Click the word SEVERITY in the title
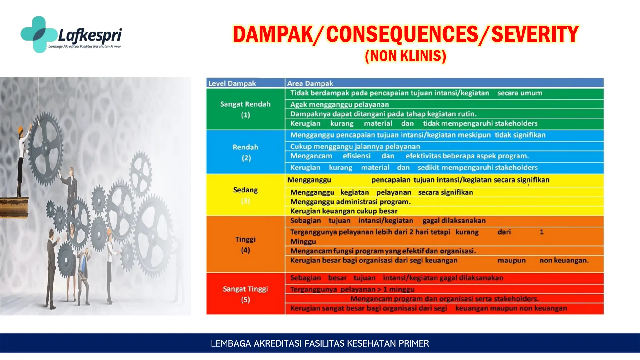(535, 34)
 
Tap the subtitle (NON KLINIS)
(405, 56)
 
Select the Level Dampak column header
(232, 83)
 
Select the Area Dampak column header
(310, 83)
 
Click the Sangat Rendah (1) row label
(245, 109)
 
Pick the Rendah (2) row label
(246, 152)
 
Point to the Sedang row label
(245, 190)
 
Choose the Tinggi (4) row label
(245, 244)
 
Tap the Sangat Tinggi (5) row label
(245, 294)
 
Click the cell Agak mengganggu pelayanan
(339, 104)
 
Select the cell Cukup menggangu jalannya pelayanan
(355, 146)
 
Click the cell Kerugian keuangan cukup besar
(344, 211)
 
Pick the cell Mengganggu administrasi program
(350, 202)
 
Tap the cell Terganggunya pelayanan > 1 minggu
(352, 289)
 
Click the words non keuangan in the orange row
(564, 260)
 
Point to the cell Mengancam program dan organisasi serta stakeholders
(444, 299)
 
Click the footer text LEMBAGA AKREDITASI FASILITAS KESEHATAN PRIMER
(320, 343)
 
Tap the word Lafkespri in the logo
(90, 35)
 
